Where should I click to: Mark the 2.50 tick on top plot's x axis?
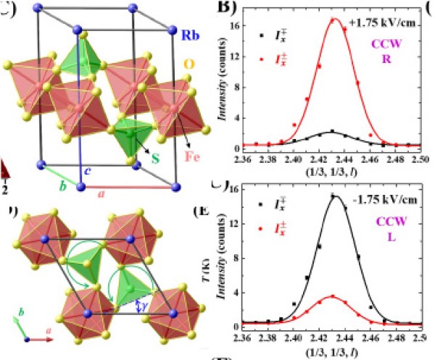(422, 158)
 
